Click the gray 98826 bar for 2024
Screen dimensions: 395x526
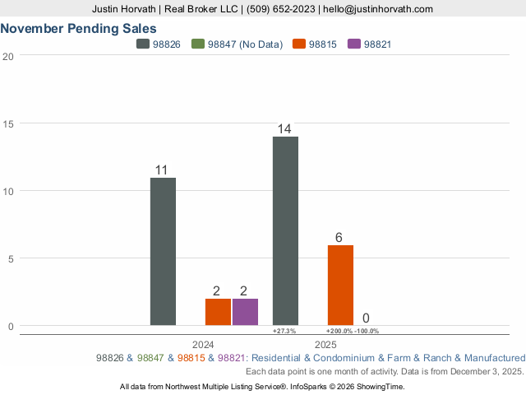click(x=163, y=251)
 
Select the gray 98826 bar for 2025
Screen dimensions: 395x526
click(x=285, y=230)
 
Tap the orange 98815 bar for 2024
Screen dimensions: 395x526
click(x=218, y=312)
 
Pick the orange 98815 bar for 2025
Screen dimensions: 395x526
click(x=340, y=285)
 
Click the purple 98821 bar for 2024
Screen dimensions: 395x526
click(x=245, y=312)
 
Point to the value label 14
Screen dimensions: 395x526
click(x=285, y=129)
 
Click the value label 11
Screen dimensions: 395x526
click(x=162, y=170)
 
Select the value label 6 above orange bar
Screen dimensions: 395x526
click(x=339, y=238)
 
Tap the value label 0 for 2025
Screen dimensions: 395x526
click(x=366, y=318)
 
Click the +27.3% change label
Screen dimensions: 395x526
click(x=284, y=331)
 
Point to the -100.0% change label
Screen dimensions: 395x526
click(x=367, y=331)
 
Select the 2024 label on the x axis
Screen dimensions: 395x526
click(x=203, y=344)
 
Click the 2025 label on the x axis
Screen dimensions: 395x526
click(x=325, y=344)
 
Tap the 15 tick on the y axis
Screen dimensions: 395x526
click(x=8, y=123)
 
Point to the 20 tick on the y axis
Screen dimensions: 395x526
click(x=8, y=56)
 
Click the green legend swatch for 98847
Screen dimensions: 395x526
click(x=198, y=44)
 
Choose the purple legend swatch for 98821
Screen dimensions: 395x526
click(x=354, y=44)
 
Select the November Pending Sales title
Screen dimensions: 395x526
click(x=79, y=28)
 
